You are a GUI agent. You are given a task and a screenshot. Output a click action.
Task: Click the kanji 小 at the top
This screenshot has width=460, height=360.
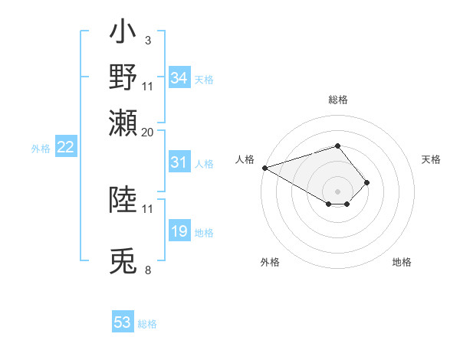click(x=123, y=35)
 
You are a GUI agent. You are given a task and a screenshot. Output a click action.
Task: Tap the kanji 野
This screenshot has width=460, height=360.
click(x=123, y=77)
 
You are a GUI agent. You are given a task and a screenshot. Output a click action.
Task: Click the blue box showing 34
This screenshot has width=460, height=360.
click(x=179, y=78)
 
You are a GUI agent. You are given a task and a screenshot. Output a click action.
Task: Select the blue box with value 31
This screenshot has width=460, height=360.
click(x=179, y=162)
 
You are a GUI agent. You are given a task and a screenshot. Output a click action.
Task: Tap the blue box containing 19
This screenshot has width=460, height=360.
click(x=179, y=232)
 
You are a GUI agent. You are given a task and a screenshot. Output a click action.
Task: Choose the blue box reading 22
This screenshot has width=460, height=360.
click(x=65, y=148)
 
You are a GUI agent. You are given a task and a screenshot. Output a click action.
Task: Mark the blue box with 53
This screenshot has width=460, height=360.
click(x=123, y=322)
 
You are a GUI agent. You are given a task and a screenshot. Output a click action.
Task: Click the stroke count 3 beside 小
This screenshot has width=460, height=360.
click(x=147, y=40)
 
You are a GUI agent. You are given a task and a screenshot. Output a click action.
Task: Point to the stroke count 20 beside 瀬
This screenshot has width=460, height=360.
click(x=147, y=132)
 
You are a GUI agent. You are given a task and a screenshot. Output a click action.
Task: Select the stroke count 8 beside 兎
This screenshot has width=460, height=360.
click(x=147, y=270)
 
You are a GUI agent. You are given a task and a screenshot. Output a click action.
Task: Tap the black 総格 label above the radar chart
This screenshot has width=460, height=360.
click(x=337, y=100)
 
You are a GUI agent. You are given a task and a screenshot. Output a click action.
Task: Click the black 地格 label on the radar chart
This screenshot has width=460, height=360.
click(x=402, y=262)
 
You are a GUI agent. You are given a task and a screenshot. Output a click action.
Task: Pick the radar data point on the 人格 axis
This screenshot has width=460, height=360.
click(x=264, y=168)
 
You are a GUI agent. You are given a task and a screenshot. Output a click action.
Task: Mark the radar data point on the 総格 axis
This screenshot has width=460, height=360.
click(x=337, y=146)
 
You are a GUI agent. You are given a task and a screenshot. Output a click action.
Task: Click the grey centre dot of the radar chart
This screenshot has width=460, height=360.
click(x=337, y=191)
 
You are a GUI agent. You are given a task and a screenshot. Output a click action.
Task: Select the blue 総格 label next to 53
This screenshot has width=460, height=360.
click(x=147, y=324)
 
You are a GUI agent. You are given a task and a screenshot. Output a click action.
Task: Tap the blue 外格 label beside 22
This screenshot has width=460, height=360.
click(x=40, y=149)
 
